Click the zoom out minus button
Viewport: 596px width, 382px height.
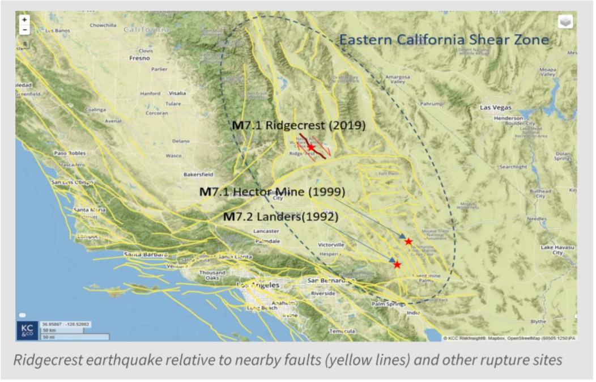click(x=24, y=29)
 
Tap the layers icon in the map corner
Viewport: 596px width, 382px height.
click(x=565, y=22)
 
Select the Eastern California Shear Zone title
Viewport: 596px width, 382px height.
click(x=444, y=40)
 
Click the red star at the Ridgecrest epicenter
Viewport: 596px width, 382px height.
click(x=310, y=147)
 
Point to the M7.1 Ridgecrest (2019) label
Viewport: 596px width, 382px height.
click(x=299, y=125)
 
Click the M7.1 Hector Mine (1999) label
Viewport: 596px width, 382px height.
click(x=272, y=192)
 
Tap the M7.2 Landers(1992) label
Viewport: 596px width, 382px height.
click(x=281, y=217)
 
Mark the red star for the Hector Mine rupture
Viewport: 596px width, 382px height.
click(x=408, y=241)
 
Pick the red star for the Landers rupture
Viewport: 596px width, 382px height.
click(x=397, y=265)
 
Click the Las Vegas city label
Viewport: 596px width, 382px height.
click(x=495, y=108)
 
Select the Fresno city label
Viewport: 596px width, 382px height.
click(x=139, y=58)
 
